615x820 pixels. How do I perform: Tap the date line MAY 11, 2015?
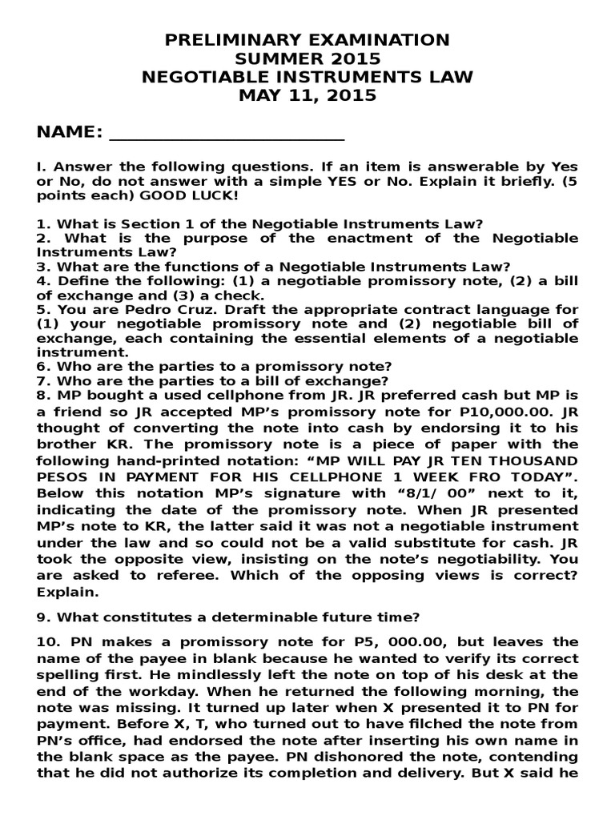tap(307, 96)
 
